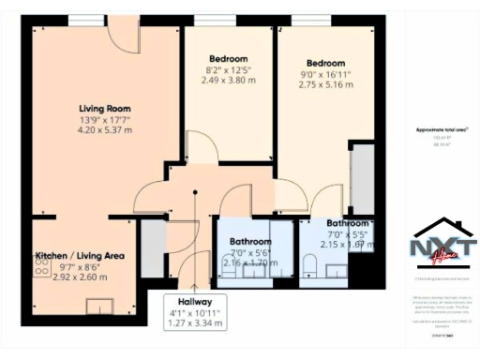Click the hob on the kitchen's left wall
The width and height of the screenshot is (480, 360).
[40, 266]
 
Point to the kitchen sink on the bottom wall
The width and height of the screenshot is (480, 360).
[95, 305]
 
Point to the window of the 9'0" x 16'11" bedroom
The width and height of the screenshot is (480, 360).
[304, 20]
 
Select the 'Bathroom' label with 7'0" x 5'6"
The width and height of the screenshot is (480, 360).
[250, 241]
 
